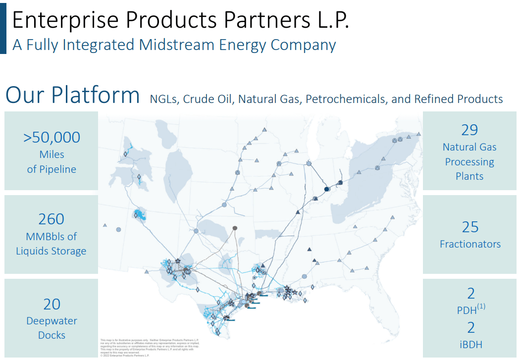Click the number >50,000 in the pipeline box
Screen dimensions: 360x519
[x=52, y=137]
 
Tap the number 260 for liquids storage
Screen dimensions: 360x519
[x=51, y=219]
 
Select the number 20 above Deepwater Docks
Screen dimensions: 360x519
[x=52, y=304]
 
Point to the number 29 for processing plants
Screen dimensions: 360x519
[x=469, y=130]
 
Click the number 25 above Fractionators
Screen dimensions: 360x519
[x=470, y=227]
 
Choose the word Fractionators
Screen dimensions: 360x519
[x=470, y=244]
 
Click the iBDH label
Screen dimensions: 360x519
[x=470, y=345]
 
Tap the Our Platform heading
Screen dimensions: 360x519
[x=72, y=95]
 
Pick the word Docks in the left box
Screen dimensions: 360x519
[x=52, y=335]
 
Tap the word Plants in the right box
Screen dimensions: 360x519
[x=469, y=176]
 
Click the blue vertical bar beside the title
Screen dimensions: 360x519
[x=3, y=27]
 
